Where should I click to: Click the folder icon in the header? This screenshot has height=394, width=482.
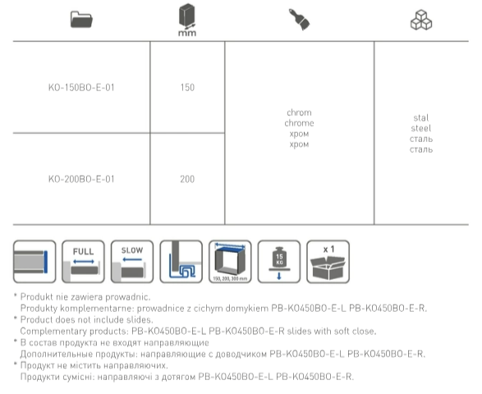point(81,20)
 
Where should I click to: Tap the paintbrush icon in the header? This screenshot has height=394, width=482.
point(299,20)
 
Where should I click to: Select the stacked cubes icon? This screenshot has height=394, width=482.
point(421,20)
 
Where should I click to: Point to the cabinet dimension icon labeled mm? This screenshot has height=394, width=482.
point(187,20)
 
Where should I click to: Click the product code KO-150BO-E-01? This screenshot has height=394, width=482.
point(81,88)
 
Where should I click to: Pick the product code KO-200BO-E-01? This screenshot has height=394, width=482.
point(81,179)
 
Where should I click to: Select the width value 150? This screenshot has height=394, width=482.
point(187,88)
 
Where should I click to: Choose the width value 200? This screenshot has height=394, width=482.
point(187,179)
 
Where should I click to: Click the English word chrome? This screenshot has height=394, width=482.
point(299,123)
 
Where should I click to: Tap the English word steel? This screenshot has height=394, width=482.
point(421,129)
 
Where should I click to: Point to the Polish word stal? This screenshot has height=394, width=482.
point(421,118)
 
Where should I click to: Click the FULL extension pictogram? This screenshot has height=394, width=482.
point(83,262)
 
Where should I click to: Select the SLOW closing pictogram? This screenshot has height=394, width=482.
point(132,262)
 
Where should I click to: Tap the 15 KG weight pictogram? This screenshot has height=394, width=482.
point(279,262)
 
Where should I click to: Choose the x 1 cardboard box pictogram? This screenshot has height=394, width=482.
point(328,262)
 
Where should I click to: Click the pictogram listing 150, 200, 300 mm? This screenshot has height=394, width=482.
point(230,262)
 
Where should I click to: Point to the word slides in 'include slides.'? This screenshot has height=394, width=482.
point(140,319)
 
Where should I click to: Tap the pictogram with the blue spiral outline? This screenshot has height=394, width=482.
point(181,262)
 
